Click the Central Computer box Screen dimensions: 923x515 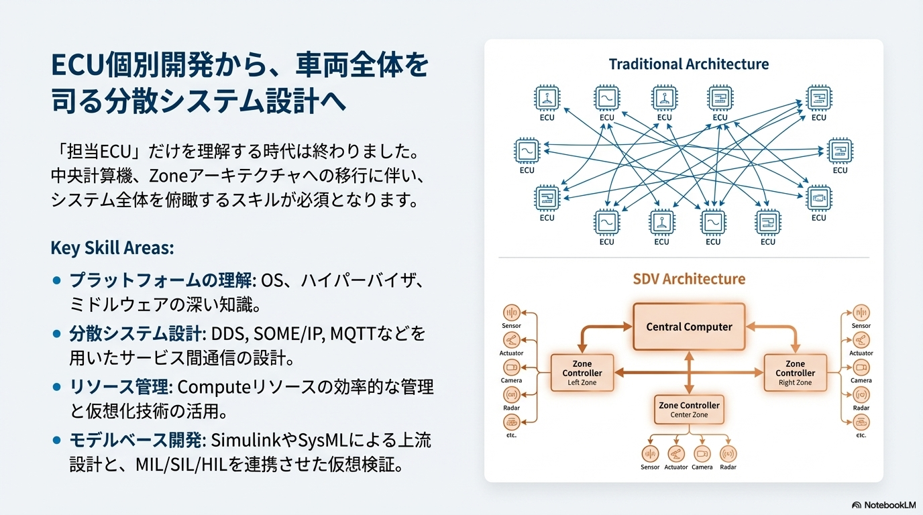(689, 327)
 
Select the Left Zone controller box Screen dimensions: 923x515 (582, 372)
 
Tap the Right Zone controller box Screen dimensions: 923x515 (796, 372)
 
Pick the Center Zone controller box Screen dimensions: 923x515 (689, 410)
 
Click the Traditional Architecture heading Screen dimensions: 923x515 (689, 64)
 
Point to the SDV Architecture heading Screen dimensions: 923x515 (689, 279)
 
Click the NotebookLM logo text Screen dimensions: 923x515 (890, 505)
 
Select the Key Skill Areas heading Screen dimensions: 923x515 (112, 248)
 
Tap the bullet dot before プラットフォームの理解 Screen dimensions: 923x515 (57, 280)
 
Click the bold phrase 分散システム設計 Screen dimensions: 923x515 (135, 334)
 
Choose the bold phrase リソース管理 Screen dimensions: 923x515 (119, 387)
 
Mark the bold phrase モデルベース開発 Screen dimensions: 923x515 (135, 440)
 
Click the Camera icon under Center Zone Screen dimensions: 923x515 (702, 453)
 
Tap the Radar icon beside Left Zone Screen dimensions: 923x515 (511, 395)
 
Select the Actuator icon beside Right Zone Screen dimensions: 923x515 (861, 340)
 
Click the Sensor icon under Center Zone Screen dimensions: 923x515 (650, 453)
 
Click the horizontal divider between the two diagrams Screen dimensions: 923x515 (684, 257)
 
